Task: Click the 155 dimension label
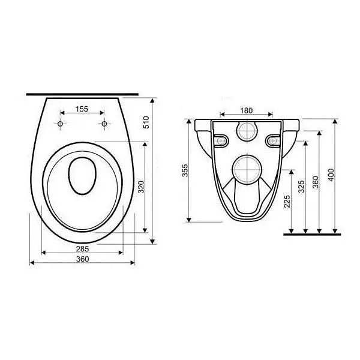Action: [x=82, y=109]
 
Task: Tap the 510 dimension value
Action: [x=146, y=122]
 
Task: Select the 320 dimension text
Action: [x=142, y=187]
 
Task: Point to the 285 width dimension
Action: [x=82, y=248]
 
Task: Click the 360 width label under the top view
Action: [x=82, y=259]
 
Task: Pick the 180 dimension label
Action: [x=247, y=110]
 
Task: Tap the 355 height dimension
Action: [x=185, y=170]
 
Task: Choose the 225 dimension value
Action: [x=287, y=202]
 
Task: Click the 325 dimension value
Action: [x=301, y=187]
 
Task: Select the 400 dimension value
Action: [x=331, y=175]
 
